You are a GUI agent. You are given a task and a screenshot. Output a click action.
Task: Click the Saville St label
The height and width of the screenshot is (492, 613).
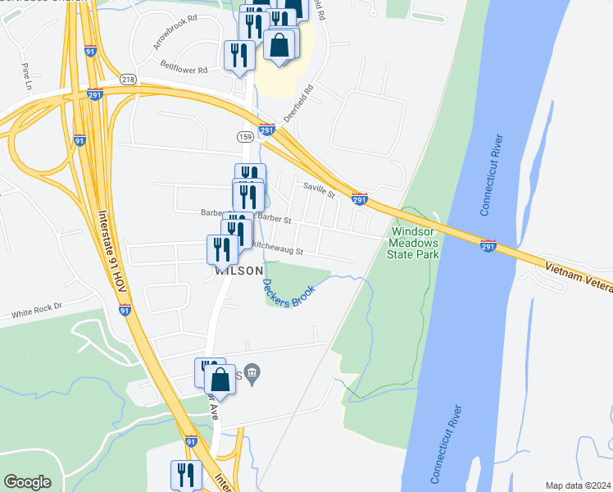pos(319,190)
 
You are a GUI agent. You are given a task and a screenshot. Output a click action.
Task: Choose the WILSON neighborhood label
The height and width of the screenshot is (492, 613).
pos(239,271)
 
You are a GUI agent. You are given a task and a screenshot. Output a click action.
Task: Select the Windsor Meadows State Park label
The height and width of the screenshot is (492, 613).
pos(413,244)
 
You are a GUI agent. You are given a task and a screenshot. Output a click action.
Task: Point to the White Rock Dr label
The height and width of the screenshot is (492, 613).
pos(37,311)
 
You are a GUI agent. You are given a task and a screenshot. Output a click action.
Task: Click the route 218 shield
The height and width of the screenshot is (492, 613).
pos(128,79)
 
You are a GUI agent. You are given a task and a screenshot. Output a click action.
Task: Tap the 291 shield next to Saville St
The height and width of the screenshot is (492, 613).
pos(359,199)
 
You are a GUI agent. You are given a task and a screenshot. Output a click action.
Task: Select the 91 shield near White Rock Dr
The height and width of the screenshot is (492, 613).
pos(125,310)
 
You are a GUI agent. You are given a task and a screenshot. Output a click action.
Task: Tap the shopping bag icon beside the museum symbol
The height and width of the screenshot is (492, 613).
pos(220,380)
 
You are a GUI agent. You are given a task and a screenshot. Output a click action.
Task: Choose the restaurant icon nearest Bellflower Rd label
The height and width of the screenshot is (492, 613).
pos(239,56)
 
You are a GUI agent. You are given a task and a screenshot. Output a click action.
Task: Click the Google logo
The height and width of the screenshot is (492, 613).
pos(28,482)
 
